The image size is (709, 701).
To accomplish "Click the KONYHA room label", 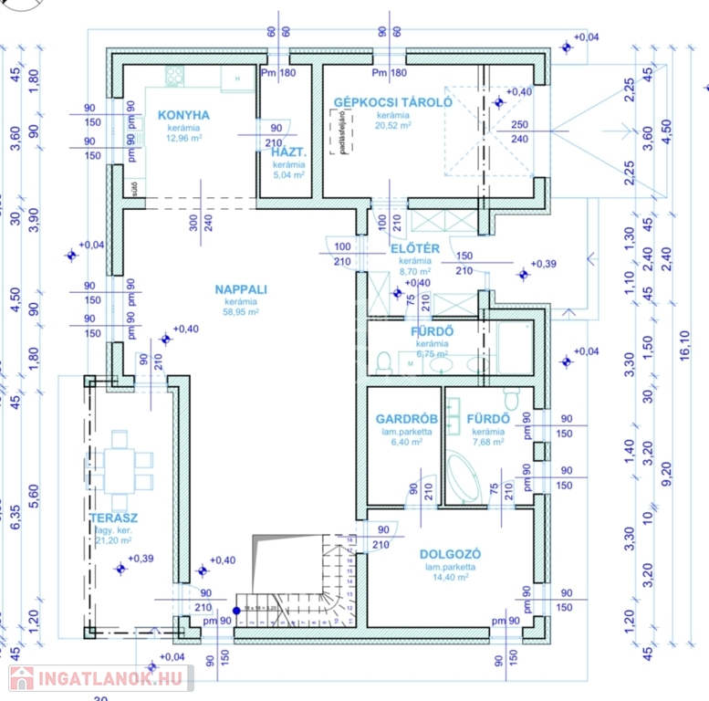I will pos(184,115).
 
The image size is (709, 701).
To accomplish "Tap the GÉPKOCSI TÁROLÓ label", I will pos(392,102).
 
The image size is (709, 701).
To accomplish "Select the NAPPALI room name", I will pos(241,289).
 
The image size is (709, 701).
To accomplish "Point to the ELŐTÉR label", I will pos(415,248).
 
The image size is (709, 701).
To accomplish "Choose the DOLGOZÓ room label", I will pos(450,554).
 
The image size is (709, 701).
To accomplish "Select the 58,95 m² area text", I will pos(241,312).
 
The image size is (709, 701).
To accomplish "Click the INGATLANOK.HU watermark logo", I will pos(100,678).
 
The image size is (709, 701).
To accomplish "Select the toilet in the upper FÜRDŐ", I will pos(384,361).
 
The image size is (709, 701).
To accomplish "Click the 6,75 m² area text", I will pos(432,353).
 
